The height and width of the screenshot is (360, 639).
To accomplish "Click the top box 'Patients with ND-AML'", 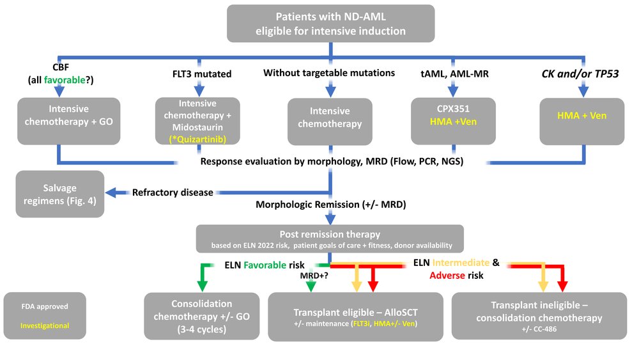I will [330, 24].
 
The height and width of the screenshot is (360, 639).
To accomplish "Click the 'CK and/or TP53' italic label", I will [580, 74].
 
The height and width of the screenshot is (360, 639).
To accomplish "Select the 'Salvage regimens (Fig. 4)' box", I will [60, 194].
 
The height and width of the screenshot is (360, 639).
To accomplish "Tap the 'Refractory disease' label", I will [173, 192].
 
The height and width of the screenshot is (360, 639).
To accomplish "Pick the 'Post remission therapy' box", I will [330, 239].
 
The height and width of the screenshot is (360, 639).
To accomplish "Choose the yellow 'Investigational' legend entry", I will [45, 325].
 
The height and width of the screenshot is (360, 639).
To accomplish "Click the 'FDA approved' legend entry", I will [45, 307].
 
